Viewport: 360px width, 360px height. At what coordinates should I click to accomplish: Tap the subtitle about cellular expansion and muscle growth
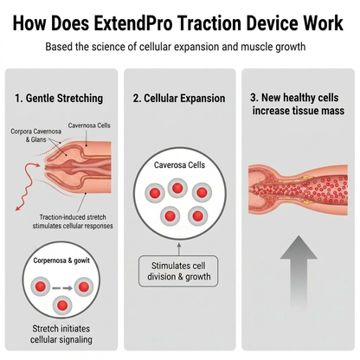pyautogui.click(x=176, y=47)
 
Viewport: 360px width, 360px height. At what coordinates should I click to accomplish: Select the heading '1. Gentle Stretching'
pyautogui.click(x=59, y=99)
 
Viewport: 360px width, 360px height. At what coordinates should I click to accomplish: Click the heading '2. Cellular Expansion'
pyautogui.click(x=179, y=99)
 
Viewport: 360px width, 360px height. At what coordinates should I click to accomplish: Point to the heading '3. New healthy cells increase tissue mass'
pyautogui.click(x=298, y=104)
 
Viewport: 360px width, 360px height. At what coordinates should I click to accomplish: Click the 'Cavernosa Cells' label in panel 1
pyautogui.click(x=89, y=125)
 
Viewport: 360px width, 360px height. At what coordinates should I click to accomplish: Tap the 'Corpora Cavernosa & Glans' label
pyautogui.click(x=35, y=135)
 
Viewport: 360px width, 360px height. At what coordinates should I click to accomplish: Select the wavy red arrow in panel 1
pyautogui.click(x=27, y=186)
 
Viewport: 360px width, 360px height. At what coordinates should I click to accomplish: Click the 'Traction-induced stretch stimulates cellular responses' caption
pyautogui.click(x=73, y=222)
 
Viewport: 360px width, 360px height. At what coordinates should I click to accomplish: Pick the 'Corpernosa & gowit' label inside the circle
pyautogui.click(x=61, y=260)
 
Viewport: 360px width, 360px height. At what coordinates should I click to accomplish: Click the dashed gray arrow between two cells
pyautogui.click(x=62, y=288)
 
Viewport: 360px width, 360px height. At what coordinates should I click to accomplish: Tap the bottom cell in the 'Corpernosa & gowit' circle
pyautogui.click(x=62, y=305)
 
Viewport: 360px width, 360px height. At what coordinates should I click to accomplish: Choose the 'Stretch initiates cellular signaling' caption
pyautogui.click(x=61, y=334)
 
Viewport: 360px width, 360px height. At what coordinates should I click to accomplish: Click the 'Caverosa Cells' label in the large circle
pyautogui.click(x=179, y=165)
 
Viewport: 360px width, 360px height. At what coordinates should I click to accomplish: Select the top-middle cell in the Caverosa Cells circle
pyautogui.click(x=177, y=188)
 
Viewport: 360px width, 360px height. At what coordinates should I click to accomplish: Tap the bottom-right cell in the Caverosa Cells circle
pyautogui.click(x=197, y=215)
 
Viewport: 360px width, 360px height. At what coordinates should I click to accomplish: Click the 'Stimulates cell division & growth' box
pyautogui.click(x=178, y=271)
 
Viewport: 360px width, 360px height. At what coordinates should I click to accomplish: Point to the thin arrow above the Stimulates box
pyautogui.click(x=178, y=249)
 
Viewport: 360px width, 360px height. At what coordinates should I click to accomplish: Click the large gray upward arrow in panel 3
pyautogui.click(x=299, y=271)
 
